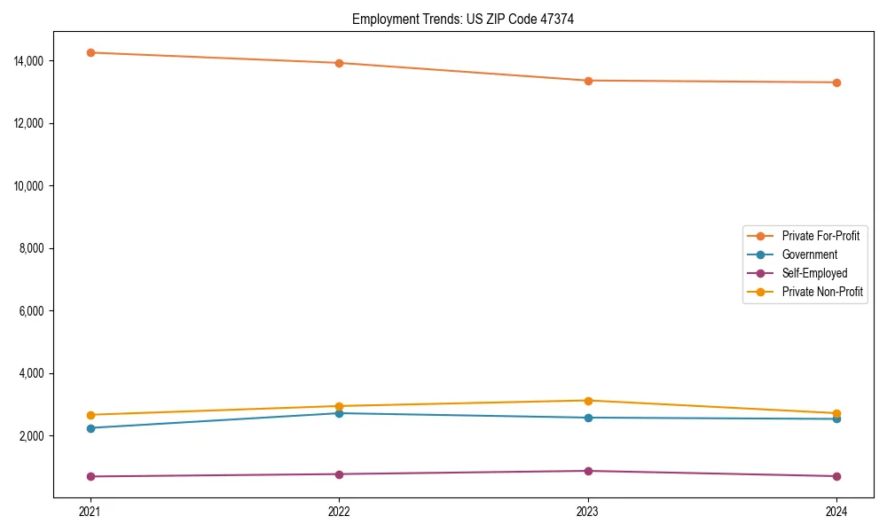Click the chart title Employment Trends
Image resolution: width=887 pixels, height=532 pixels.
463,19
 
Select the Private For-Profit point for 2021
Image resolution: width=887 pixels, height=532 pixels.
90,52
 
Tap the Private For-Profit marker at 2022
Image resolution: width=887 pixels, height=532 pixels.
339,63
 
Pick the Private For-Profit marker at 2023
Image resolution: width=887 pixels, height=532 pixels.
588,81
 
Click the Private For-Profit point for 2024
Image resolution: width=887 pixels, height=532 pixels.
836,82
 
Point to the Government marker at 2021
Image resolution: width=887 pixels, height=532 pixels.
90,428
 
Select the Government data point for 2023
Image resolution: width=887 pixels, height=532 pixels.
588,418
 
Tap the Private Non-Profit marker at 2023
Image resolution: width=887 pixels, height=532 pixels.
588,401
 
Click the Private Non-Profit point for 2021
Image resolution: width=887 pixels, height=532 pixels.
90,415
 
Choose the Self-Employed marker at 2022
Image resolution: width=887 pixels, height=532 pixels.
339,474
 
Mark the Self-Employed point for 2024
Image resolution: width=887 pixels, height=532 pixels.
836,476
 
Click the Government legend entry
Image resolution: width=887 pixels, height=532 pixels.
809,254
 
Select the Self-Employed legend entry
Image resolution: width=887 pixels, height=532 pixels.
814,273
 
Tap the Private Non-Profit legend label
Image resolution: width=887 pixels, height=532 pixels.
822,292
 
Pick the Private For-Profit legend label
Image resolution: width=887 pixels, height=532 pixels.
820,236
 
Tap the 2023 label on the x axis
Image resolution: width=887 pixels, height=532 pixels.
588,511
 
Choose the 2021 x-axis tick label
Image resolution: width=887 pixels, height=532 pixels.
90,511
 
